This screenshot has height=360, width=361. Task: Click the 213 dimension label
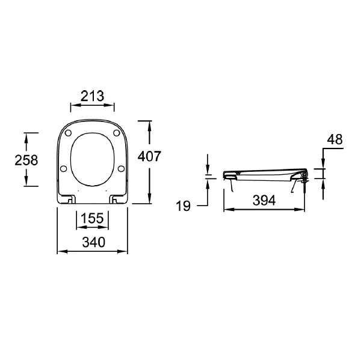click(x=92, y=96)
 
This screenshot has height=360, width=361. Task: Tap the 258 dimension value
click(x=26, y=160)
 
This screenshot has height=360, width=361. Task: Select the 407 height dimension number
click(x=149, y=156)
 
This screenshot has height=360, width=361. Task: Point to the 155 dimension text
click(x=92, y=218)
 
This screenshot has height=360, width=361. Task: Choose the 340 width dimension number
click(x=94, y=242)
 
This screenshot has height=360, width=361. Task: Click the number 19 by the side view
click(x=184, y=206)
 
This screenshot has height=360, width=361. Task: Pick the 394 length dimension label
click(x=264, y=200)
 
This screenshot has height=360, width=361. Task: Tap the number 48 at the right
click(x=335, y=139)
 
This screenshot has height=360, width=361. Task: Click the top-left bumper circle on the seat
click(x=69, y=133)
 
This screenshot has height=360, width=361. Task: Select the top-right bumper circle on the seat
click(x=117, y=133)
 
